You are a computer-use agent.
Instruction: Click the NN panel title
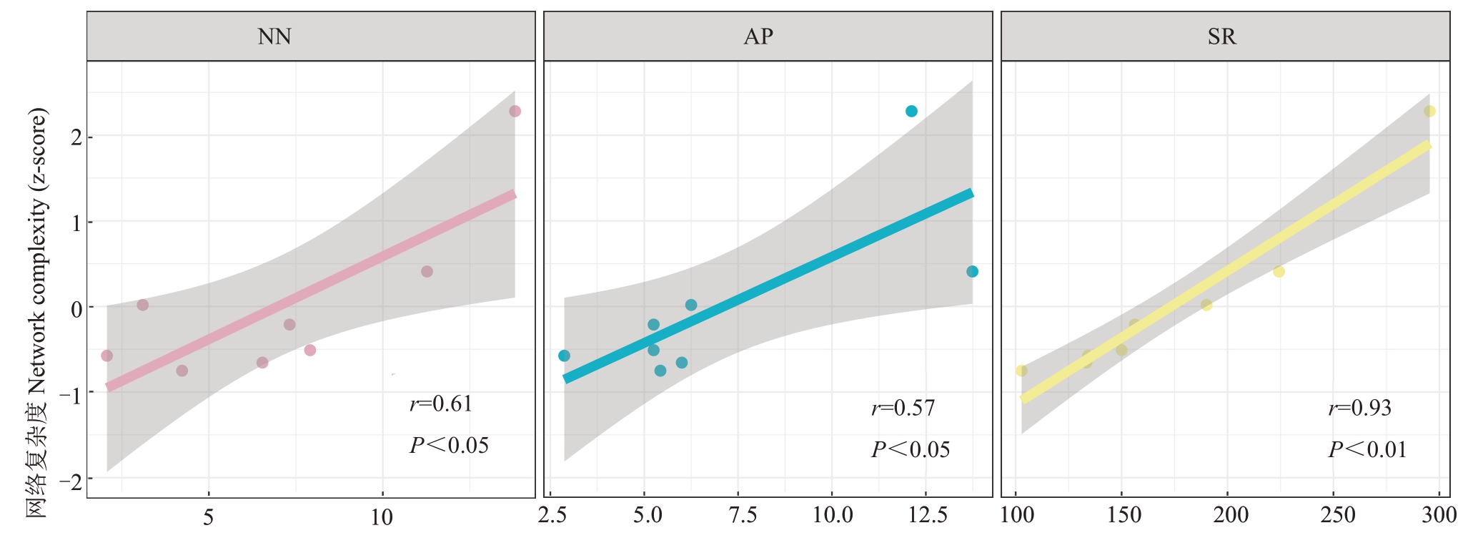click(x=274, y=36)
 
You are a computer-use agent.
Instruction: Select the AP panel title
click(x=758, y=36)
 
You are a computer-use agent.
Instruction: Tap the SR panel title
click(x=1221, y=36)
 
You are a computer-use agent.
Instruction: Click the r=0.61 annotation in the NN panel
click(x=441, y=404)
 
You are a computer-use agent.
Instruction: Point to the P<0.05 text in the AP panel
click(x=911, y=449)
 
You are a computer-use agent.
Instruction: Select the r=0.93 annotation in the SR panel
click(x=1360, y=408)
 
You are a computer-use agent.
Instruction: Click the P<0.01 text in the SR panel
click(x=1367, y=449)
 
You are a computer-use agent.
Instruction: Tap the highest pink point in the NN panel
click(x=515, y=112)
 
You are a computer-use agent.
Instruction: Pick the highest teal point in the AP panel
click(x=911, y=112)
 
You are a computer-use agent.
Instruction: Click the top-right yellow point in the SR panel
click(x=1429, y=112)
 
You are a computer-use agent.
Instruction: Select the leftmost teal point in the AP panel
click(x=564, y=356)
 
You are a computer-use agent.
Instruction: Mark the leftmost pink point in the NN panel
click(x=107, y=356)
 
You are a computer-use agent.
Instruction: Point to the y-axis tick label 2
click(x=76, y=137)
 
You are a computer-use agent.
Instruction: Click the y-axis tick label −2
click(x=71, y=480)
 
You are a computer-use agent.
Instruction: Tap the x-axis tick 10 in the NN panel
click(x=382, y=517)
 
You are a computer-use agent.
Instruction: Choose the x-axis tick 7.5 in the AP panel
click(x=742, y=515)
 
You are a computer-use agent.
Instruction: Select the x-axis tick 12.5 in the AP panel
click(x=928, y=515)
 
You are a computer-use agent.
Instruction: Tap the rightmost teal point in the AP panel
click(x=972, y=272)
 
